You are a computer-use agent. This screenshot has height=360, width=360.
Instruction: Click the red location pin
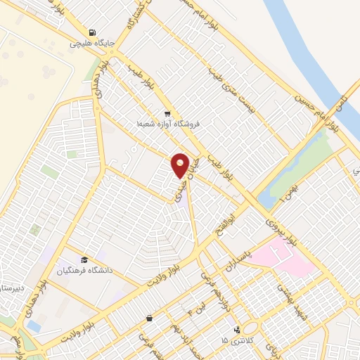click(181, 165)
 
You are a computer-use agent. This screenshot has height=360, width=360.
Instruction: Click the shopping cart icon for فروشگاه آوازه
click(167, 113)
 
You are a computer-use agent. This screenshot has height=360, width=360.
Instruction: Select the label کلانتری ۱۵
click(234, 340)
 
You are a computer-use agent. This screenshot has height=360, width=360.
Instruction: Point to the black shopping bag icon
click(149, 318)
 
